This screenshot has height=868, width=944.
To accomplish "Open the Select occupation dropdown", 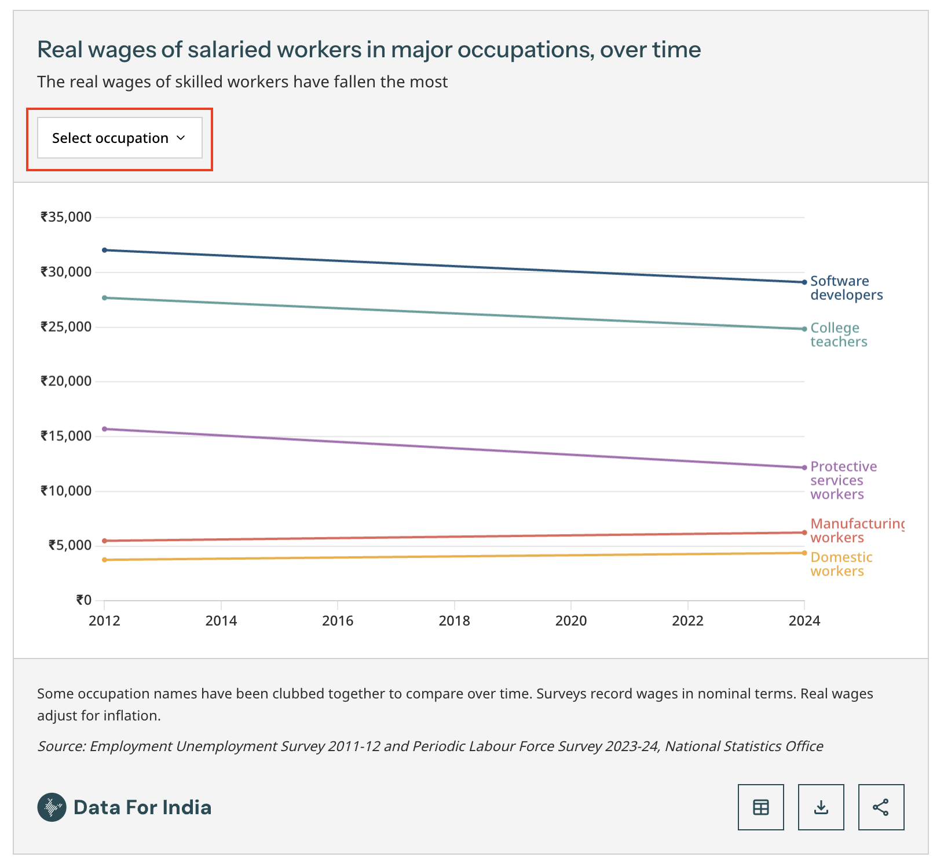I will point(119,138).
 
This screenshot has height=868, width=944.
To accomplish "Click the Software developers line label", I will point(846,288).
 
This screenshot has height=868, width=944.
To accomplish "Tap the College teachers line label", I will point(838,335).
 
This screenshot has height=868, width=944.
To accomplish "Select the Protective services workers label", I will point(843,480).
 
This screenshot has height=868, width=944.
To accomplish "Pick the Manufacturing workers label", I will point(857,531).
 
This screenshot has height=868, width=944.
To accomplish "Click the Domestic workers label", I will point(841,564).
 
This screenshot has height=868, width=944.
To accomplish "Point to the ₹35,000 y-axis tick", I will point(66,217).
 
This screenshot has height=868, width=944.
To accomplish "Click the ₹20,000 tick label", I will point(66,381).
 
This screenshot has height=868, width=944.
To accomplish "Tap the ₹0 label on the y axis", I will point(83,600).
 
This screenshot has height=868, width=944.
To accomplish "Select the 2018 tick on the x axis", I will point(454,621).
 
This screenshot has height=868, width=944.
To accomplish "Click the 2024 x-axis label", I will point(804,621).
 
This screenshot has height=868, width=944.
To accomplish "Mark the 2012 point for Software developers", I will point(104,250).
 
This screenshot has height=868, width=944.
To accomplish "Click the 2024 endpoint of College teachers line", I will point(804,329).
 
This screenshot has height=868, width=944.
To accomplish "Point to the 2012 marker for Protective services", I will point(104,429).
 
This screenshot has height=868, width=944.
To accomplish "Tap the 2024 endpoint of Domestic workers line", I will point(804,553).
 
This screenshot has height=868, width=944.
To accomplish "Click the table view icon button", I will point(760,807).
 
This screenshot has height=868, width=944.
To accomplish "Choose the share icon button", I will point(881,807).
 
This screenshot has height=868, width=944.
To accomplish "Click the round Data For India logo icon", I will point(52,807).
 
